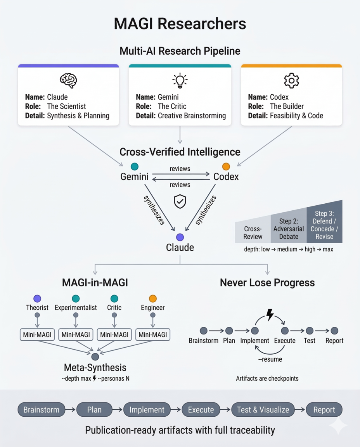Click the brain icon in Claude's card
(x=68, y=80)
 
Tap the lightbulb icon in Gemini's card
(x=180, y=80)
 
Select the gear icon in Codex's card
(x=291, y=80)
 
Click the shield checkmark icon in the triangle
(x=180, y=201)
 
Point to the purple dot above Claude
(x=180, y=237)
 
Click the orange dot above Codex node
(x=226, y=167)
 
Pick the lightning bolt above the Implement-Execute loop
(x=270, y=314)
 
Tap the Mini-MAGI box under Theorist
(x=37, y=334)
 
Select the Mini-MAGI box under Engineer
(x=153, y=334)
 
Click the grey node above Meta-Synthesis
(x=95, y=356)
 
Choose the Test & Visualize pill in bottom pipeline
(x=263, y=410)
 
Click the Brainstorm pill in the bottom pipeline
(x=41, y=410)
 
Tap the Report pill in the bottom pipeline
(x=324, y=410)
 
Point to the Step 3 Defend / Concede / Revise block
(x=324, y=225)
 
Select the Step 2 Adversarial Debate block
(x=289, y=229)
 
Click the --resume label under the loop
(x=270, y=359)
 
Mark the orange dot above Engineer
(x=153, y=298)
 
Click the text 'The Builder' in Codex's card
(x=287, y=106)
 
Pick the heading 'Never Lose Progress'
(x=267, y=282)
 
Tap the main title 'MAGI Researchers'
(x=180, y=24)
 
